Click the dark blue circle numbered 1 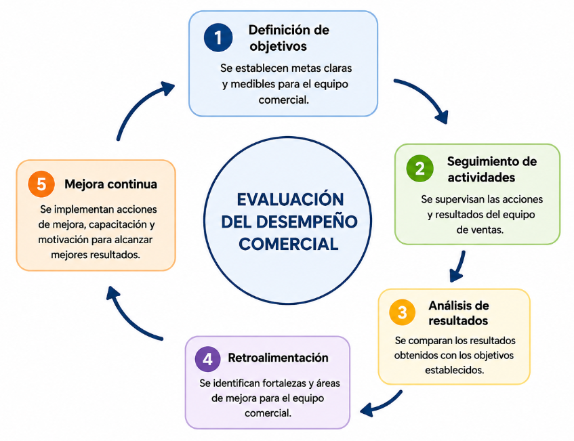218,38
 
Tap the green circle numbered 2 420,169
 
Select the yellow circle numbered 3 403,312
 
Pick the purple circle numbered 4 207,358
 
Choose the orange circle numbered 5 41,184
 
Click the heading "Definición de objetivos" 289,38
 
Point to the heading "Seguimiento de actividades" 491,169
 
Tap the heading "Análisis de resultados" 458,313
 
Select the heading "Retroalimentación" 278,358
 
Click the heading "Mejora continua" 110,184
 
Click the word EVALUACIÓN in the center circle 290,200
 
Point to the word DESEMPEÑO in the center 306,222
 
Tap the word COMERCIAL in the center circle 289,244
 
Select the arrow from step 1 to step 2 428,93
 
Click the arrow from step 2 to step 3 459,266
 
